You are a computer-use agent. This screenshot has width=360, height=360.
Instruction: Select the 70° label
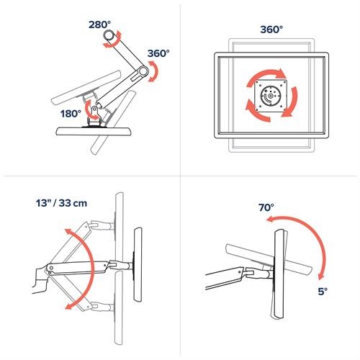point(266,207)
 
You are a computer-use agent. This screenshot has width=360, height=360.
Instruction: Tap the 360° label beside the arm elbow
point(158,53)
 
